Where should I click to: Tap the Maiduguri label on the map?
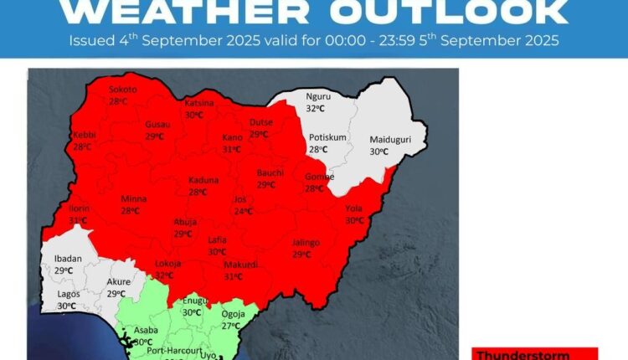tap(389, 140)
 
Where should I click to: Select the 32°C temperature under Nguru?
tap(316, 109)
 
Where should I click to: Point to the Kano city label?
tap(232, 137)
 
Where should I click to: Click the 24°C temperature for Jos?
tap(242, 211)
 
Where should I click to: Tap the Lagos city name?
tap(69, 295)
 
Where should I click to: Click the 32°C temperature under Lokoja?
tap(165, 275)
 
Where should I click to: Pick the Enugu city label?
tap(194, 300)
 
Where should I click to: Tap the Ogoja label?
tap(232, 315)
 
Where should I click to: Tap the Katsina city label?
tap(199, 103)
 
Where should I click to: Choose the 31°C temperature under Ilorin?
tap(80, 220)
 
